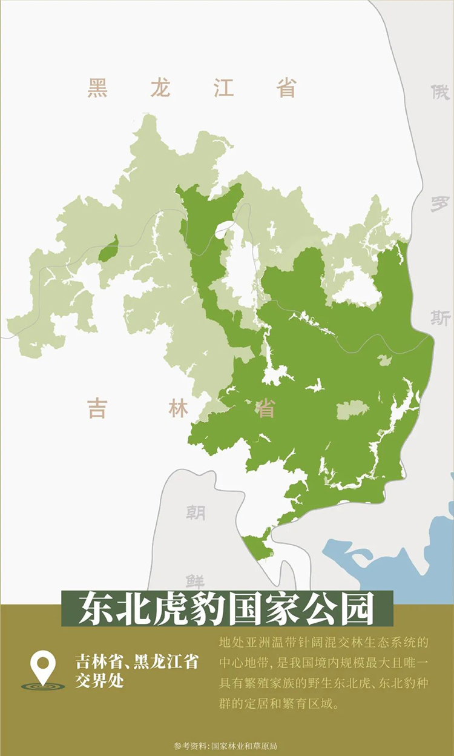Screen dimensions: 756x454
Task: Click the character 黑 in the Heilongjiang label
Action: pyautogui.click(x=97, y=88)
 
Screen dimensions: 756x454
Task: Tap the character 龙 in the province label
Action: pyautogui.click(x=160, y=88)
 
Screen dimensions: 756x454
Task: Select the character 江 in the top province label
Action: pyautogui.click(x=223, y=88)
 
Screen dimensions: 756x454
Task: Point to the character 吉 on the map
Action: pyautogui.click(x=97, y=408)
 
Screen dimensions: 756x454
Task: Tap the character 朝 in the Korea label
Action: pyautogui.click(x=195, y=513)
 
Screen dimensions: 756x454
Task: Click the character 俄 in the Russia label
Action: pyautogui.click(x=440, y=93)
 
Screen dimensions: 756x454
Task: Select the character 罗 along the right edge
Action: pyautogui.click(x=440, y=204)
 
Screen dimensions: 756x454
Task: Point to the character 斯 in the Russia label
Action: pyautogui.click(x=440, y=317)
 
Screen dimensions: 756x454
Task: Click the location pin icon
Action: pyautogui.click(x=42, y=667)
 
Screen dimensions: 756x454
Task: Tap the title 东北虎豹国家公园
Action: pyautogui.click(x=227, y=609)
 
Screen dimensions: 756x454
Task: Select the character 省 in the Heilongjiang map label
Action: pyautogui.click(x=286, y=88)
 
